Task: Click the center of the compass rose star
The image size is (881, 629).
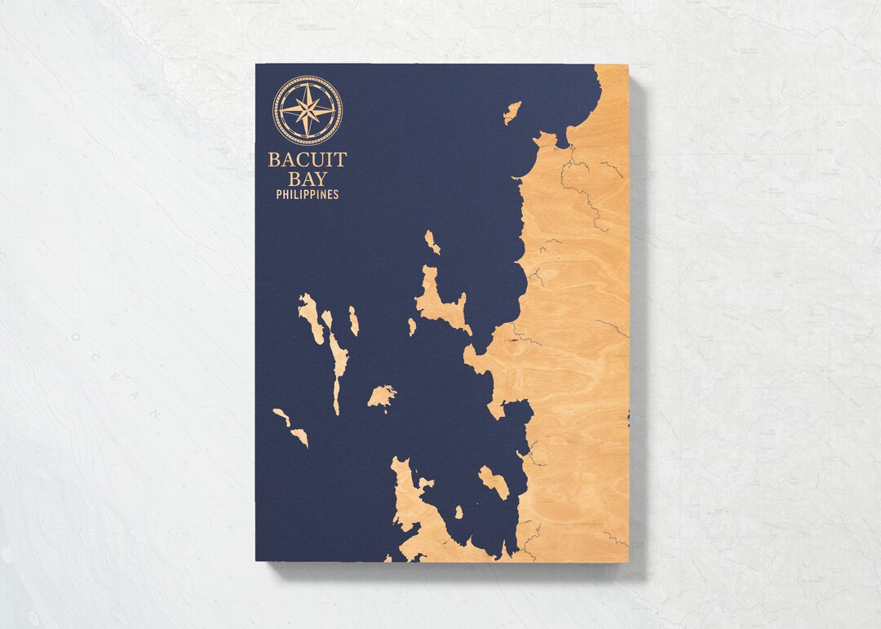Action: click(x=308, y=110)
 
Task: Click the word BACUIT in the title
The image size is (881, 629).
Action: click(x=308, y=160)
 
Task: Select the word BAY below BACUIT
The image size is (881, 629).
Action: click(x=308, y=179)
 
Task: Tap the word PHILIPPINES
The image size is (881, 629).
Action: click(x=308, y=195)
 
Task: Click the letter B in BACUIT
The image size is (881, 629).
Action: click(x=273, y=160)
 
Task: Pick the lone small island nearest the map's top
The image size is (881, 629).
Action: click(x=512, y=112)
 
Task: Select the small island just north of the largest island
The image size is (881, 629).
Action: click(x=432, y=241)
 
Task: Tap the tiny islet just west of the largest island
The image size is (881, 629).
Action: click(x=412, y=326)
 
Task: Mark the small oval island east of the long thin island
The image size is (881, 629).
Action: click(x=354, y=321)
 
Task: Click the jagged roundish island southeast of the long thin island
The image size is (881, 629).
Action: click(x=381, y=396)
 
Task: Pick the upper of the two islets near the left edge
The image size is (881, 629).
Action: click(x=281, y=417)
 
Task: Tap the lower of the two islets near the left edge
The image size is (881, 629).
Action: click(x=299, y=436)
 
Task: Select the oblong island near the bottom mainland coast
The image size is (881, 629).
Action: click(x=494, y=482)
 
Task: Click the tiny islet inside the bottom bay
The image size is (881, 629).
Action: click(x=458, y=512)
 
